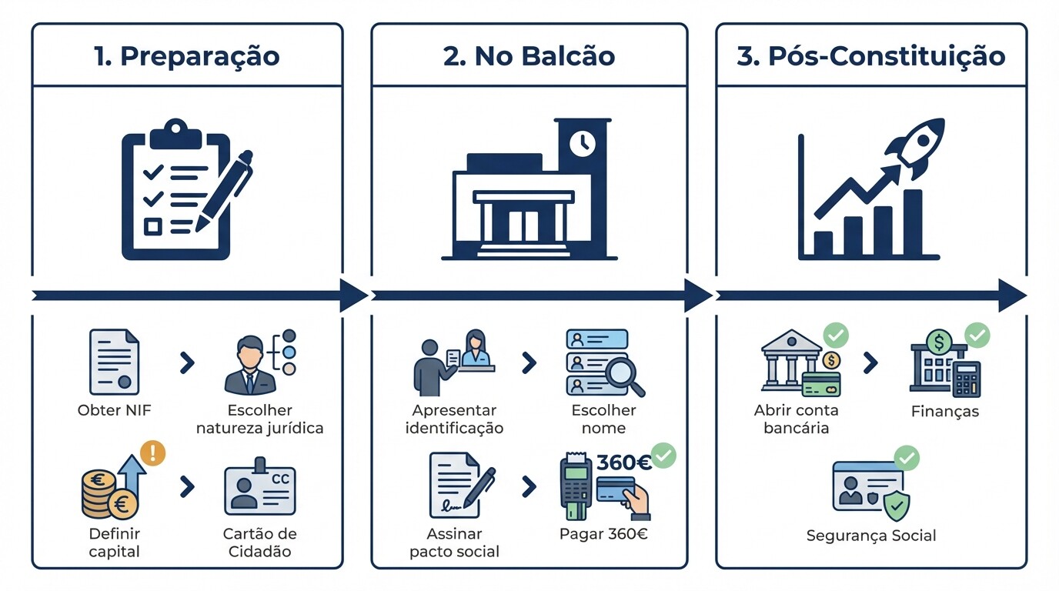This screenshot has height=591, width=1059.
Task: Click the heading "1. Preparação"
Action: click(187, 56)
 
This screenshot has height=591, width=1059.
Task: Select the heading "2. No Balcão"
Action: click(529, 56)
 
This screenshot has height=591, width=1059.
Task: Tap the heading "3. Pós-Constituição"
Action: click(871, 56)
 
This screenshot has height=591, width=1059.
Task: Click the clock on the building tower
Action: click(582, 143)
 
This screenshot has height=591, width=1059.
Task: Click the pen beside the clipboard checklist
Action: click(225, 189)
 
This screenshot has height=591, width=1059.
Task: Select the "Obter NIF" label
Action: click(115, 410)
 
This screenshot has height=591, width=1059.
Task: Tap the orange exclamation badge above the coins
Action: click(152, 452)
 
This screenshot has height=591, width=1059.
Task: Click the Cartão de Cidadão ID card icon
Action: click(260, 491)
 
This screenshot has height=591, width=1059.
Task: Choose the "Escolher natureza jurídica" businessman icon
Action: click(249, 365)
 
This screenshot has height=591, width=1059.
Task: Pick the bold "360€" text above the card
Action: click(623, 462)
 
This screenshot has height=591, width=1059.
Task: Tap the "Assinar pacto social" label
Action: click(454, 543)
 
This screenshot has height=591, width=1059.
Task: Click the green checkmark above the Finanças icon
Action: click(977, 336)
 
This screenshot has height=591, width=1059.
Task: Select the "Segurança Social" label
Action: click(871, 536)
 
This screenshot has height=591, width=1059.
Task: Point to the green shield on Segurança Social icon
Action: click(896, 506)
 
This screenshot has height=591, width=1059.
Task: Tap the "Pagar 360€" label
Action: click(603, 533)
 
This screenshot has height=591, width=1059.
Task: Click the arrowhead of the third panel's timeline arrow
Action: click(1012, 295)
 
